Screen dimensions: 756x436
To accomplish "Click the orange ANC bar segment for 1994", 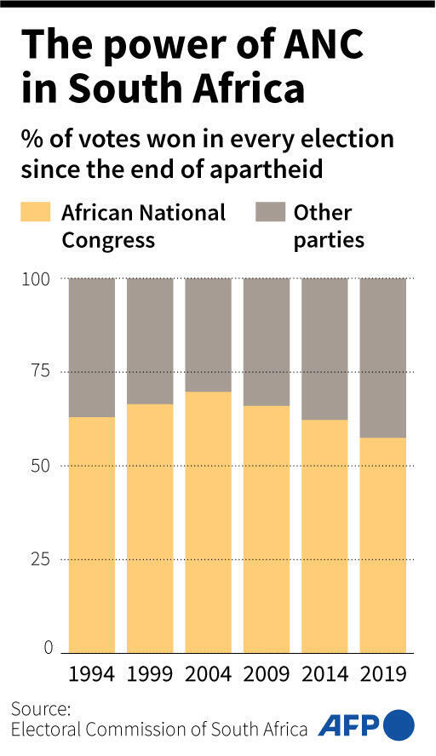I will click(91, 534).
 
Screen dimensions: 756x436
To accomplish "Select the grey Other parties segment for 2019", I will click(382, 358).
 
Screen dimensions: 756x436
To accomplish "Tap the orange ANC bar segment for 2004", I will click(208, 521).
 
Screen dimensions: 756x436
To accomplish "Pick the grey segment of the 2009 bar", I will click(267, 341).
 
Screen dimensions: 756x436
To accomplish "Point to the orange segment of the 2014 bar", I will click(324, 535).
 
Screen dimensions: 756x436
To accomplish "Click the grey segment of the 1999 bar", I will click(150, 341).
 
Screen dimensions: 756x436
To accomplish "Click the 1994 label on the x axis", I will click(92, 674).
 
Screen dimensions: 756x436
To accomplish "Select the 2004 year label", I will click(208, 674).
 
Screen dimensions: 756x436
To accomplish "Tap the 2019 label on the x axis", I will click(382, 674).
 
